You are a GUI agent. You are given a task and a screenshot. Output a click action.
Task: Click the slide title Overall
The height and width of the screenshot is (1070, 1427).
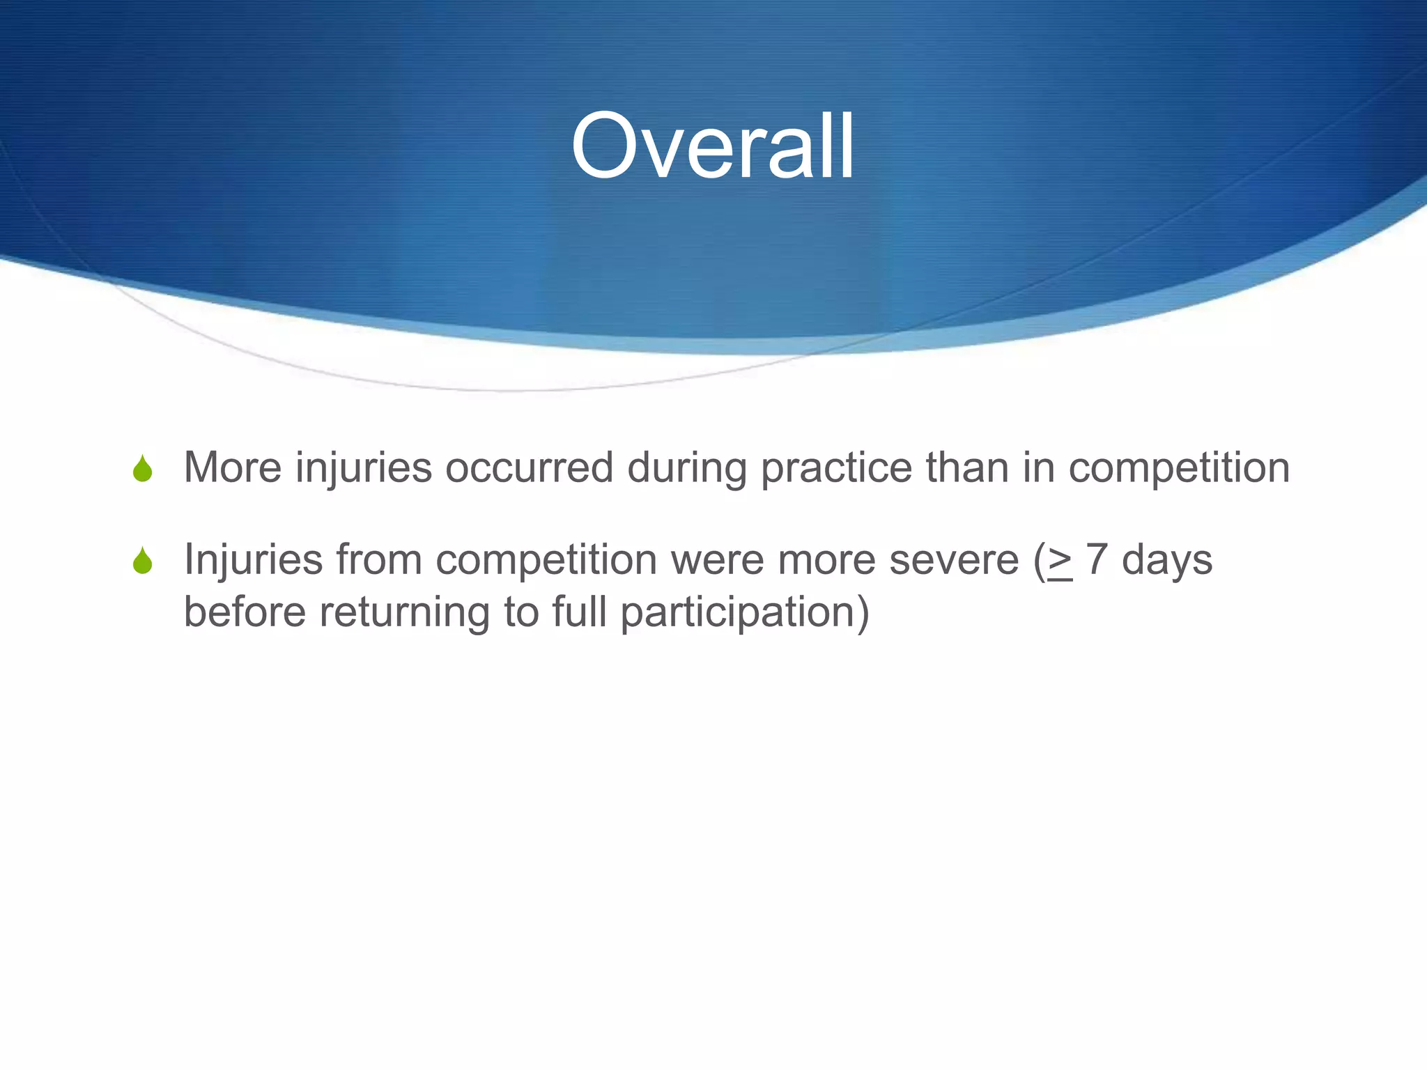(x=712, y=148)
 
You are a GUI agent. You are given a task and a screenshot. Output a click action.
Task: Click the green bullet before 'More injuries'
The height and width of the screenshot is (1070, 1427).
(x=142, y=469)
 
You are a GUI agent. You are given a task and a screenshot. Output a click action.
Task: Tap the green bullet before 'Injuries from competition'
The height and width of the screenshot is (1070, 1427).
(x=142, y=561)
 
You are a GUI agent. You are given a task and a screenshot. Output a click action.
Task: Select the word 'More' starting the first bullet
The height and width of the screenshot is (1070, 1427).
(x=233, y=467)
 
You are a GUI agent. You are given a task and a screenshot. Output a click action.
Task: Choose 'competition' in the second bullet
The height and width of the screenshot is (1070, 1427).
(x=546, y=561)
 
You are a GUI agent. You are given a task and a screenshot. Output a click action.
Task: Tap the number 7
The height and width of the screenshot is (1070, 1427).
(x=1096, y=559)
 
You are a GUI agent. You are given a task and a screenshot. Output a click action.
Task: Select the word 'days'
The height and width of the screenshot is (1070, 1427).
(x=1167, y=561)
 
